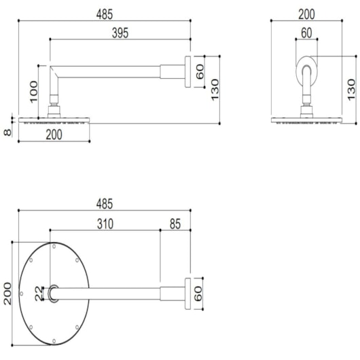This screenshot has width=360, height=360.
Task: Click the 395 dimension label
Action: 120,33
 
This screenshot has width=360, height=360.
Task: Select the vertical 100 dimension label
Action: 34,92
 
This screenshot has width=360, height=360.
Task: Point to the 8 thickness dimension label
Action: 7,132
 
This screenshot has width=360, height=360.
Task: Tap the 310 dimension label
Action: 105,224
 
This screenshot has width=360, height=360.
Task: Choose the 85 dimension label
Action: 175,224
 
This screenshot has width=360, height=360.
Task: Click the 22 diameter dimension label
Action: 39,293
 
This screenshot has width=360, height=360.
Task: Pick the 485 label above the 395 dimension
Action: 105,14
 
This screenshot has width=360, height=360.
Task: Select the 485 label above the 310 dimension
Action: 105,204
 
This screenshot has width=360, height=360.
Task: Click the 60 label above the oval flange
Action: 306,33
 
